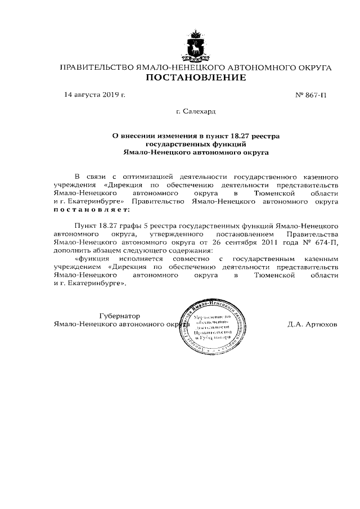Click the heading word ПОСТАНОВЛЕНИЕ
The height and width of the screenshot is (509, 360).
tap(195, 78)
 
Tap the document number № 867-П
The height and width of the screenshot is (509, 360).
tap(310, 95)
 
